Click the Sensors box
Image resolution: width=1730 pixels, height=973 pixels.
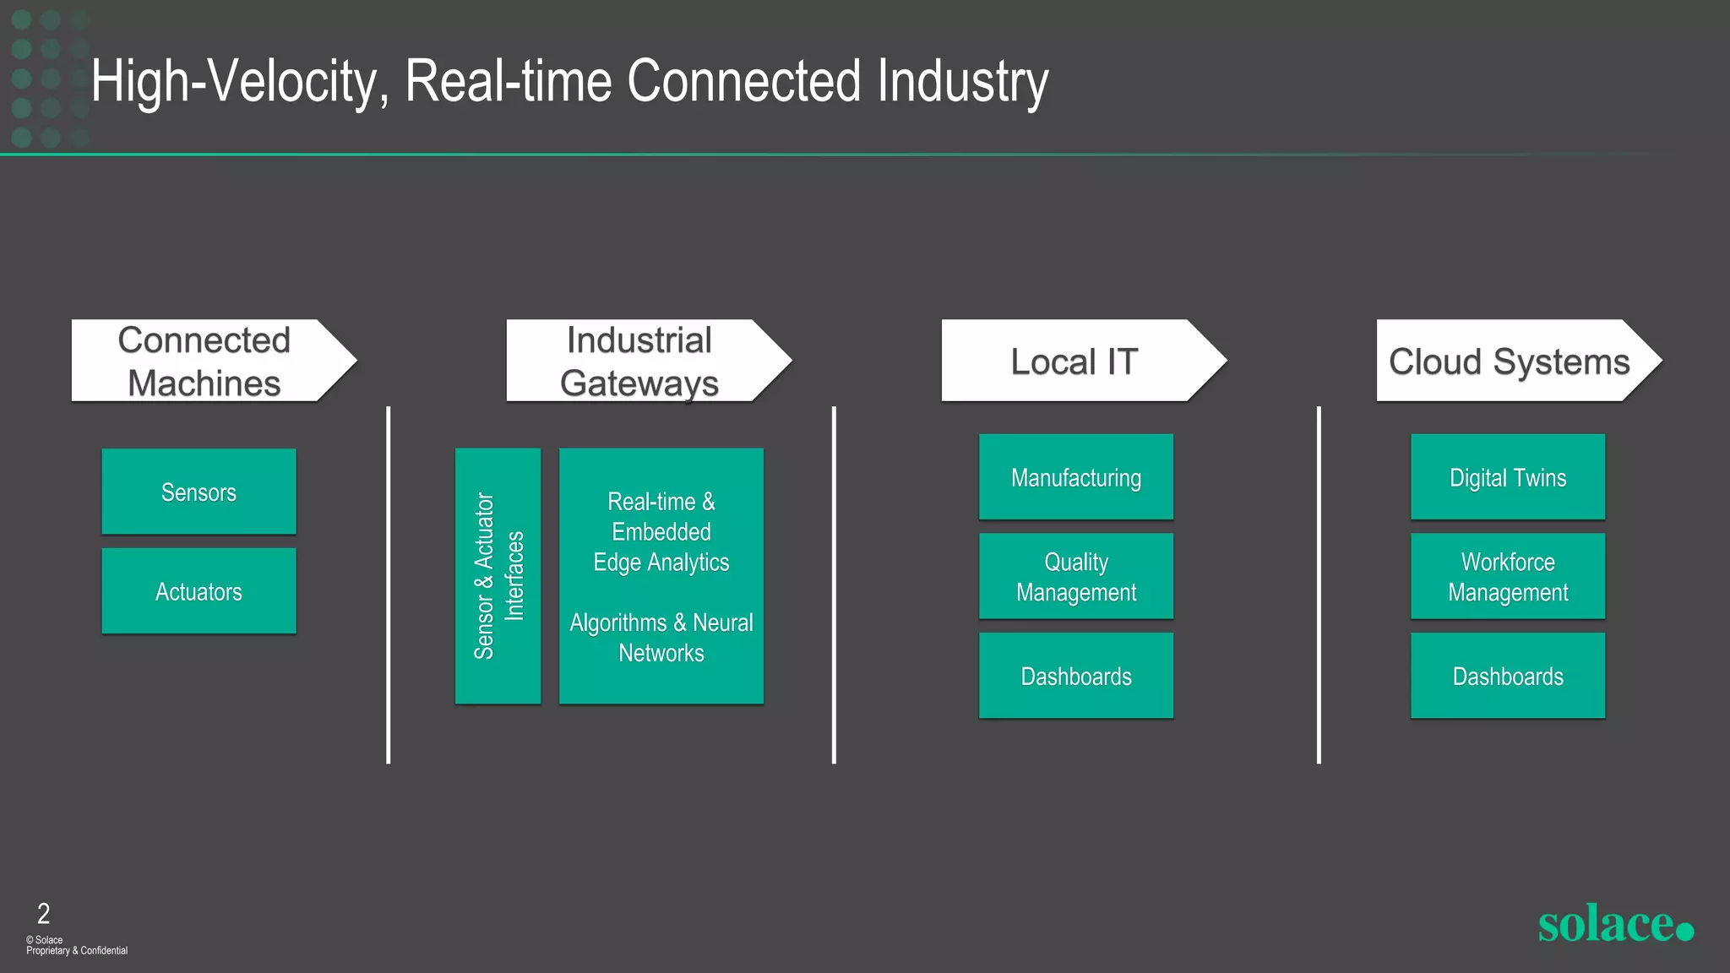pos(199,492)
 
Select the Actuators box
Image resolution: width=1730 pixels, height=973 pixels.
pos(199,591)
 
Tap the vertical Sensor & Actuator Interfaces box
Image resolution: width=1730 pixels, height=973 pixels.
pos(498,576)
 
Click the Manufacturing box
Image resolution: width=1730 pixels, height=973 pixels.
pos(1075,477)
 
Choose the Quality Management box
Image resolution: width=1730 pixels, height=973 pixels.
pos(1075,577)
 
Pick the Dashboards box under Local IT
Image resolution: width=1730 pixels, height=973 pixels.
pos(1075,676)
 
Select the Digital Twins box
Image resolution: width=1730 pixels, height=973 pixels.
pos(1507,477)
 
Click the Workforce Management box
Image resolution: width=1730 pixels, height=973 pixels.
pos(1507,577)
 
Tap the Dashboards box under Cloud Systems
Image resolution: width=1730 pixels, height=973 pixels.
pos(1507,676)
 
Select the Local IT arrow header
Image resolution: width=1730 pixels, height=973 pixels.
pos(1074,361)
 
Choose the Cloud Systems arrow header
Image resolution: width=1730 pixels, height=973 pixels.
pos(1510,361)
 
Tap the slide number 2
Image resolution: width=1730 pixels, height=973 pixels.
pos(43,913)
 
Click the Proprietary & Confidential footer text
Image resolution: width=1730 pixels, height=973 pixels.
pos(77,951)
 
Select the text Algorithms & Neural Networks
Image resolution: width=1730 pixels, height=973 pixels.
pos(661,638)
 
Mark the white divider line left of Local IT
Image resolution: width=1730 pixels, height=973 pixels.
pos(834,584)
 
